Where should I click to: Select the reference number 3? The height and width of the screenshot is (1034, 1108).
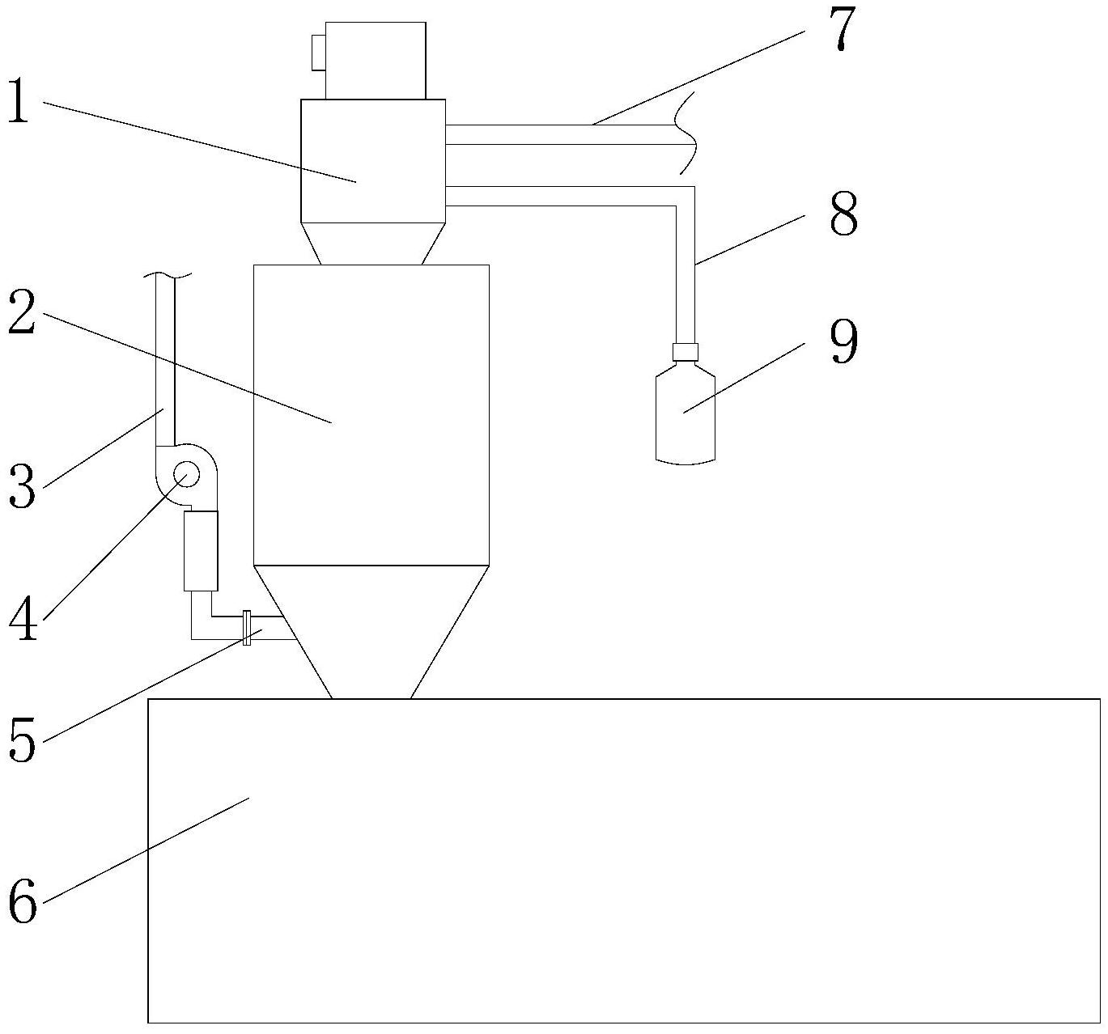(22, 487)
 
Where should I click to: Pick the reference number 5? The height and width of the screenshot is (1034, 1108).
(23, 740)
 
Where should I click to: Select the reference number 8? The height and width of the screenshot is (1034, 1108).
(843, 214)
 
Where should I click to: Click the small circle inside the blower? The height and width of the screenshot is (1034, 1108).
(185, 474)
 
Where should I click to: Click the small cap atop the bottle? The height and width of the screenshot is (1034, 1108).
(686, 352)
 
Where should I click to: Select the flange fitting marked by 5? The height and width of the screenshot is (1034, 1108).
(247, 629)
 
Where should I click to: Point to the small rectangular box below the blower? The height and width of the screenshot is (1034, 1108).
(201, 551)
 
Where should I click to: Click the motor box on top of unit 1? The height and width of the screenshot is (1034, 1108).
(374, 61)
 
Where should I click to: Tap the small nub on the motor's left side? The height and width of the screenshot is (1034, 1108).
(317, 53)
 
